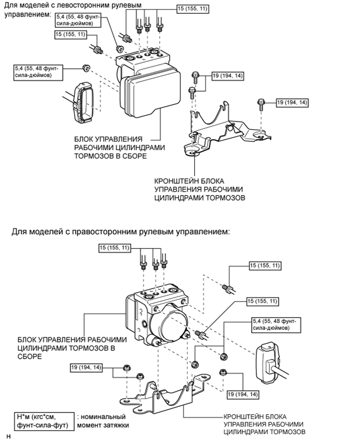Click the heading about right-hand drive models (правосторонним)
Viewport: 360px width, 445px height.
pyautogui.click(x=120, y=231)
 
